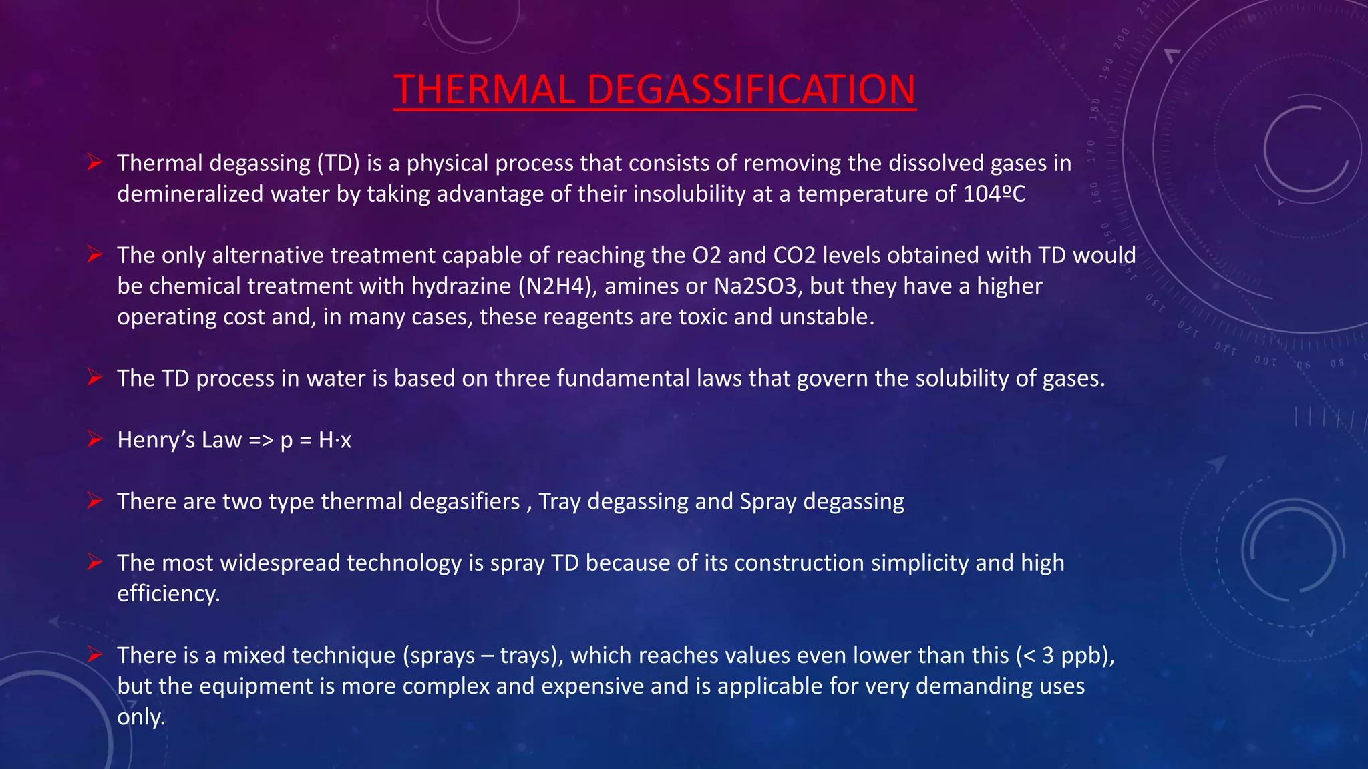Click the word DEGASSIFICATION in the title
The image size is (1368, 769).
pyautogui.click(x=751, y=89)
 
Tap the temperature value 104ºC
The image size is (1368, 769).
pyautogui.click(x=994, y=194)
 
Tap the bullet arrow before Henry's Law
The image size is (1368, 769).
pyautogui.click(x=94, y=439)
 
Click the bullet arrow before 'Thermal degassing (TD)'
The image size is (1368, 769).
pyautogui.click(x=94, y=162)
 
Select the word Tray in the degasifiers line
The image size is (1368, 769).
pyautogui.click(x=559, y=501)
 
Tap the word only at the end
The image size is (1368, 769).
pyautogui.click(x=140, y=716)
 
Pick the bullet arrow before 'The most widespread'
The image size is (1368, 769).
pyautogui.click(x=94, y=563)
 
